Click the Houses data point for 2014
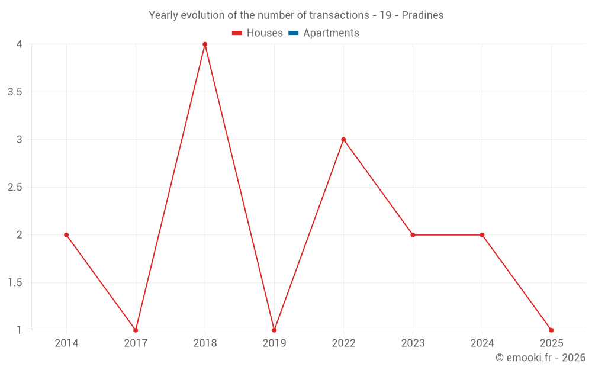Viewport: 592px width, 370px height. coord(66,235)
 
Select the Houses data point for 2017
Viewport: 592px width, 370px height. coord(136,330)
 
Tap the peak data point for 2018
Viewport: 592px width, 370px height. coord(205,44)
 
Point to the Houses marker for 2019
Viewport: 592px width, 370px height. coord(274,330)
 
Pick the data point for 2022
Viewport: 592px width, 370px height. coord(343,140)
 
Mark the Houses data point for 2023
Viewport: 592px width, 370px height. coord(413,235)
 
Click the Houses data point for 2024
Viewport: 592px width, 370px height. coord(482,235)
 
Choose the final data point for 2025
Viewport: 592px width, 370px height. coord(551,330)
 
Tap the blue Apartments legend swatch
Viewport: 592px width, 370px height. coord(294,33)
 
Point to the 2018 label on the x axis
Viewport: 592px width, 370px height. coord(205,343)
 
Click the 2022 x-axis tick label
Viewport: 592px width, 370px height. coord(343,343)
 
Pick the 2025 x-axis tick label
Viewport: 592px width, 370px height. coord(551,343)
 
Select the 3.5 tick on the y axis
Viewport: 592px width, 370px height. coord(15,92)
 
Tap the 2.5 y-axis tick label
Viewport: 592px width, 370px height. coord(15,187)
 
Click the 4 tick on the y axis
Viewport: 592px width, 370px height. coord(20,44)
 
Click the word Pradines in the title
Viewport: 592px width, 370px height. coord(423,15)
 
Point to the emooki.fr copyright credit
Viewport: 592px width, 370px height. coord(540,358)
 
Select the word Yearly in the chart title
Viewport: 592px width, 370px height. coord(163,15)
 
